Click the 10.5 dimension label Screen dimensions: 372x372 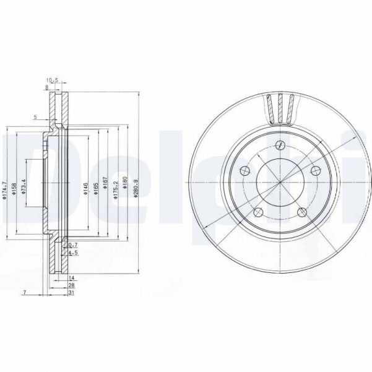click(52, 80)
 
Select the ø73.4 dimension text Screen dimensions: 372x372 click(22, 188)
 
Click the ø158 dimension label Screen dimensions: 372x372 click(13, 187)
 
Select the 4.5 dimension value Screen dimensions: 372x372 click(72, 253)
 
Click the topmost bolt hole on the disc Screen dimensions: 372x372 click(280, 146)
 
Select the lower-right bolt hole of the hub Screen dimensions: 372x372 click(303, 212)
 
